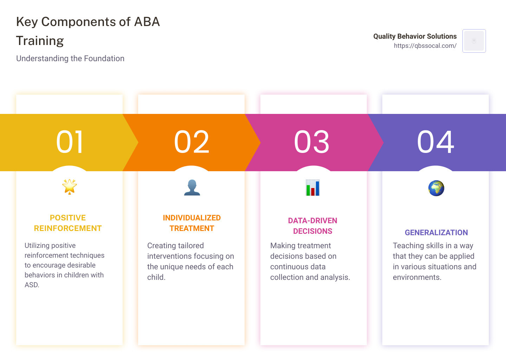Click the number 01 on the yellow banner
tap(70, 142)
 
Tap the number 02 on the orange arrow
tap(192, 142)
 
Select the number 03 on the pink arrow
tap(312, 142)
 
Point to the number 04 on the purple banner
tap(435, 142)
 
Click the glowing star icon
tap(70, 187)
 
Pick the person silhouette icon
tap(192, 187)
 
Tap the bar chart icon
tap(313, 188)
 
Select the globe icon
tap(436, 188)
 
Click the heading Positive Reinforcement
tap(68, 223)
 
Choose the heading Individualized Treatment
tap(192, 223)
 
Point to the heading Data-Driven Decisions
tap(313, 226)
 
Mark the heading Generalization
tap(436, 232)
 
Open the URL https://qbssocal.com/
tap(425, 46)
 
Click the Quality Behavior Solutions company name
tap(415, 36)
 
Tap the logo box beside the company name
tap(474, 41)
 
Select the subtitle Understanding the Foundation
tap(70, 58)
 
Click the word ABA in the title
tap(147, 22)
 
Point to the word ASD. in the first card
tap(32, 285)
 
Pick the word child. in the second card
tap(156, 277)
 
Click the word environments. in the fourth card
tap(417, 277)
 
